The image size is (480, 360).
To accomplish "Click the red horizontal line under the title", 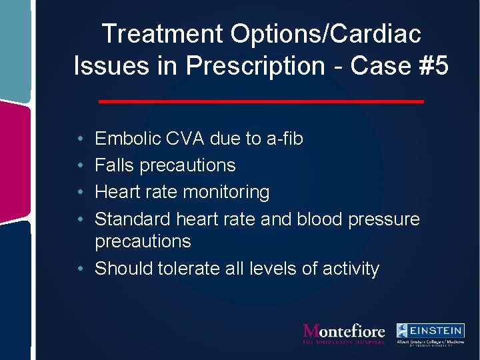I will coord(261,101).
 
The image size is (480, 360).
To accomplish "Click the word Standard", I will coord(133,219).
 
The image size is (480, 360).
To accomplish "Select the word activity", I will coord(351,269).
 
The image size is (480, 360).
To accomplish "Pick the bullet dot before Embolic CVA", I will coord(79,139).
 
